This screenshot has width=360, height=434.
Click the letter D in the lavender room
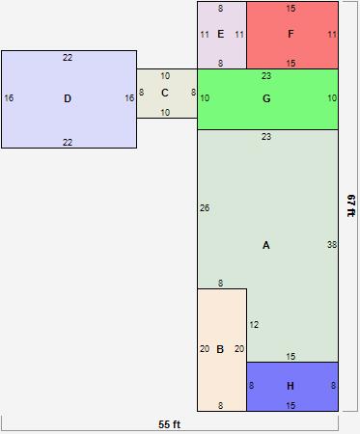click(68, 98)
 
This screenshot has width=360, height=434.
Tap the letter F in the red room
click(291, 35)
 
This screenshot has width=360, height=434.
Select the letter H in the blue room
click(291, 387)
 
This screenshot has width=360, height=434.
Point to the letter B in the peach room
click(220, 349)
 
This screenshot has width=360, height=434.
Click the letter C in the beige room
click(165, 93)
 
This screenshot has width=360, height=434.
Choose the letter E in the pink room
click(221, 35)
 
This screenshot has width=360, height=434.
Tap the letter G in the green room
click(266, 98)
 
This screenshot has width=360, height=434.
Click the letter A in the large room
click(266, 245)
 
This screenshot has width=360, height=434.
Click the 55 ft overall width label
click(170, 424)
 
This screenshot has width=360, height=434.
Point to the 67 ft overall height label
click(351, 205)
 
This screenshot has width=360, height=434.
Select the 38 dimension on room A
click(332, 245)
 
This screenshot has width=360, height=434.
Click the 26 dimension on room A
click(205, 208)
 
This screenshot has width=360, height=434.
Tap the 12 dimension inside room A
click(254, 325)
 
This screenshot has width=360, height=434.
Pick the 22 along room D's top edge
click(68, 58)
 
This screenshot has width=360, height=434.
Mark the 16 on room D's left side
click(9, 98)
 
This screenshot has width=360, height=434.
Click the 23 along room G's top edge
click(266, 75)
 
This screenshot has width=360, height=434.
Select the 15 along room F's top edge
click(291, 9)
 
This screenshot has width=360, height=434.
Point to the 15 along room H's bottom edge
click(291, 406)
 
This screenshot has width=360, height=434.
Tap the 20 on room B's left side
click(205, 349)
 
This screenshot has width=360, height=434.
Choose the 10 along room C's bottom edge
click(165, 113)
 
